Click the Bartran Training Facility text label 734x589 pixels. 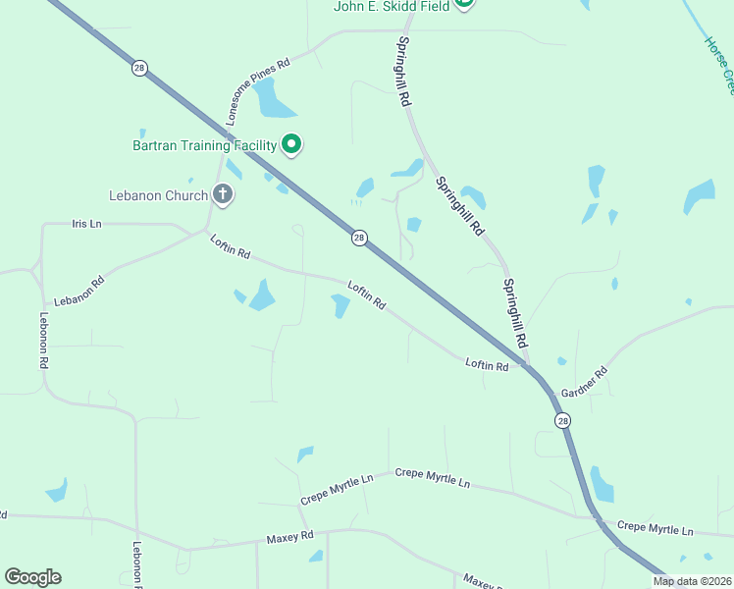point(205,145)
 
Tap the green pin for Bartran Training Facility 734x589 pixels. point(291,144)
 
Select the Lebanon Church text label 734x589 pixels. point(159,195)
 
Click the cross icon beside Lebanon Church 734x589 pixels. point(223,194)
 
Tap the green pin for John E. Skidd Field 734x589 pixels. point(464,3)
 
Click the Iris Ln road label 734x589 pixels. point(86,224)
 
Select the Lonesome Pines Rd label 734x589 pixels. point(258,92)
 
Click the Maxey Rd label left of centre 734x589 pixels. point(289,537)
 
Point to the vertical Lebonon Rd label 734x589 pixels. point(44,340)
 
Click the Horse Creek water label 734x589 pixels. point(719,65)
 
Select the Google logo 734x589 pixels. point(32,577)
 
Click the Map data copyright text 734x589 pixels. point(693,581)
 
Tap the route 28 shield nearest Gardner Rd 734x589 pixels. point(562,420)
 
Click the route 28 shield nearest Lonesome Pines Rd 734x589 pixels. point(139,68)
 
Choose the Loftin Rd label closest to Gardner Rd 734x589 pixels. point(487,365)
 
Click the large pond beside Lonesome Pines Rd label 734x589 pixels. point(269,97)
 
